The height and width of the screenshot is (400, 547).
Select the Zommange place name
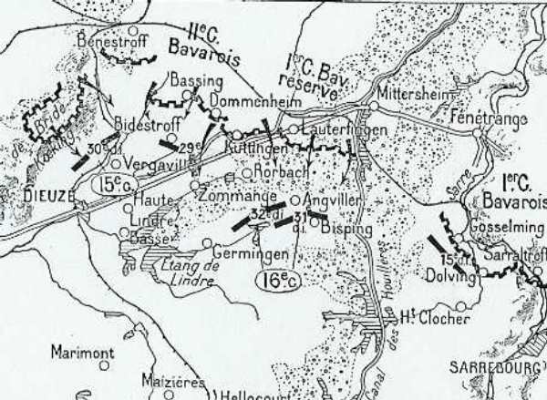click(x=238, y=195)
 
